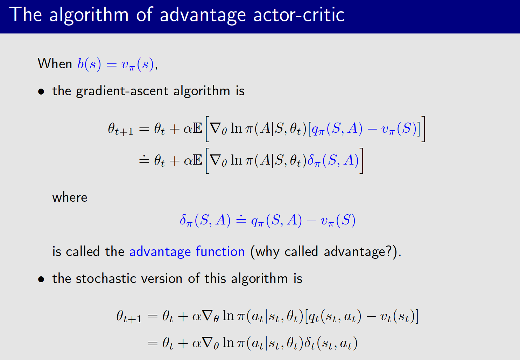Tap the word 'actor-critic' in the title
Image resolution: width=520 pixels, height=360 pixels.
299,15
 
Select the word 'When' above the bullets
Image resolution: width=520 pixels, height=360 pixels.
55,64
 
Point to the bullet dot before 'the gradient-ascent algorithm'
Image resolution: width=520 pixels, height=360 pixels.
41,92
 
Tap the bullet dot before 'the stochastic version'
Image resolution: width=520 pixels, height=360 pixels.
41,279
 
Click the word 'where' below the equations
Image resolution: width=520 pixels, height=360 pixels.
70,198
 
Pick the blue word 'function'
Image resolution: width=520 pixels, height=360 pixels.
220,252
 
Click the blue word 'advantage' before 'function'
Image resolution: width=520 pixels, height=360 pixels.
160,252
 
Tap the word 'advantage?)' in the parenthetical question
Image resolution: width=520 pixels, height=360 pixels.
362,252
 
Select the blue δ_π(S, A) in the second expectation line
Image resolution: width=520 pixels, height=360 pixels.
333,161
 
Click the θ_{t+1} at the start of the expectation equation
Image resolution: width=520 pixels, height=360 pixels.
120,129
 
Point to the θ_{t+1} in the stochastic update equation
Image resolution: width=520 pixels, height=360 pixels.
129,317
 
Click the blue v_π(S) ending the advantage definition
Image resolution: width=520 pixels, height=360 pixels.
338,221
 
